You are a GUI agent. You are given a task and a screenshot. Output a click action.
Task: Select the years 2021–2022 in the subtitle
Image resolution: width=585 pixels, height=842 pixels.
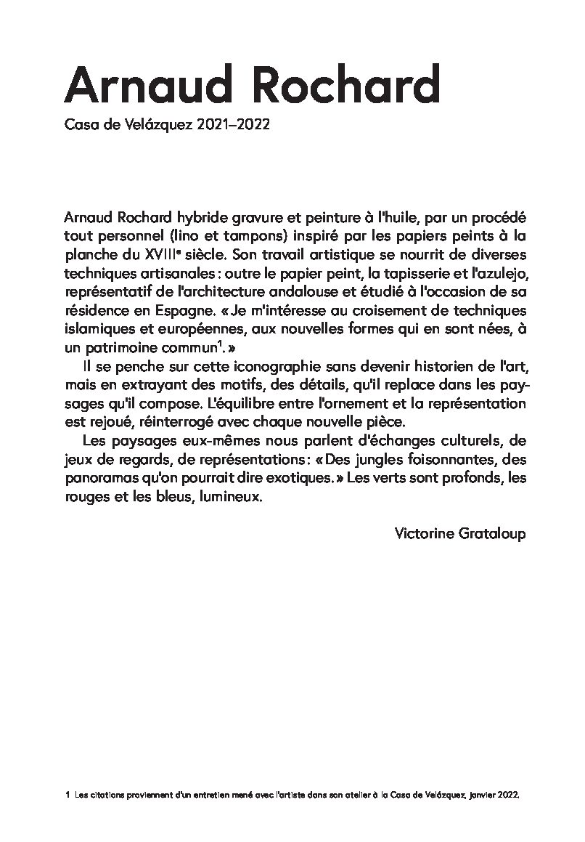[x=234, y=125]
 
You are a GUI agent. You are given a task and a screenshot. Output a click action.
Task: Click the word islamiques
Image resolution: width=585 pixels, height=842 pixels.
[x=97, y=331]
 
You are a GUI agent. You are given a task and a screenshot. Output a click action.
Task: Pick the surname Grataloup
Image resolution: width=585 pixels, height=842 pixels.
[x=491, y=533]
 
